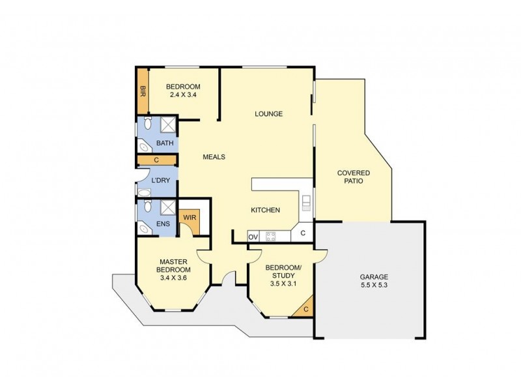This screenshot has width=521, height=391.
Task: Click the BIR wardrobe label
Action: click(142, 92)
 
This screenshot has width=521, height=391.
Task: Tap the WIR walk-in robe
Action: click(190, 218)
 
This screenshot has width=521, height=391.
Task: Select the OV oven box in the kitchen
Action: click(253, 236)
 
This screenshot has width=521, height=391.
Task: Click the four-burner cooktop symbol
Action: click(270, 236)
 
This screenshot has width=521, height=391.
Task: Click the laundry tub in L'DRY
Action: click(144, 192)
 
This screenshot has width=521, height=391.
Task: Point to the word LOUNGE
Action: click(268, 114)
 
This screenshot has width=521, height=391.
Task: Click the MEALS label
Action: click(214, 157)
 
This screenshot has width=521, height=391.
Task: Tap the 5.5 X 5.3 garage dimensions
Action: click(373, 285)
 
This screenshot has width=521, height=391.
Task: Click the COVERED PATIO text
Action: click(354, 177)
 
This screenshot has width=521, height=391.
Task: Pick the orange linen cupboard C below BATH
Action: click(157, 160)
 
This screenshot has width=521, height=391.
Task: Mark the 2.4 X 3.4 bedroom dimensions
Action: click(182, 95)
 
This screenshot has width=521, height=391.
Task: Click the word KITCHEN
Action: click(266, 210)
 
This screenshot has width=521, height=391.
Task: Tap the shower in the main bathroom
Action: click(168, 124)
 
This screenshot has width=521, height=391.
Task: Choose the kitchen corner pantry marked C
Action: click(303, 231)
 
